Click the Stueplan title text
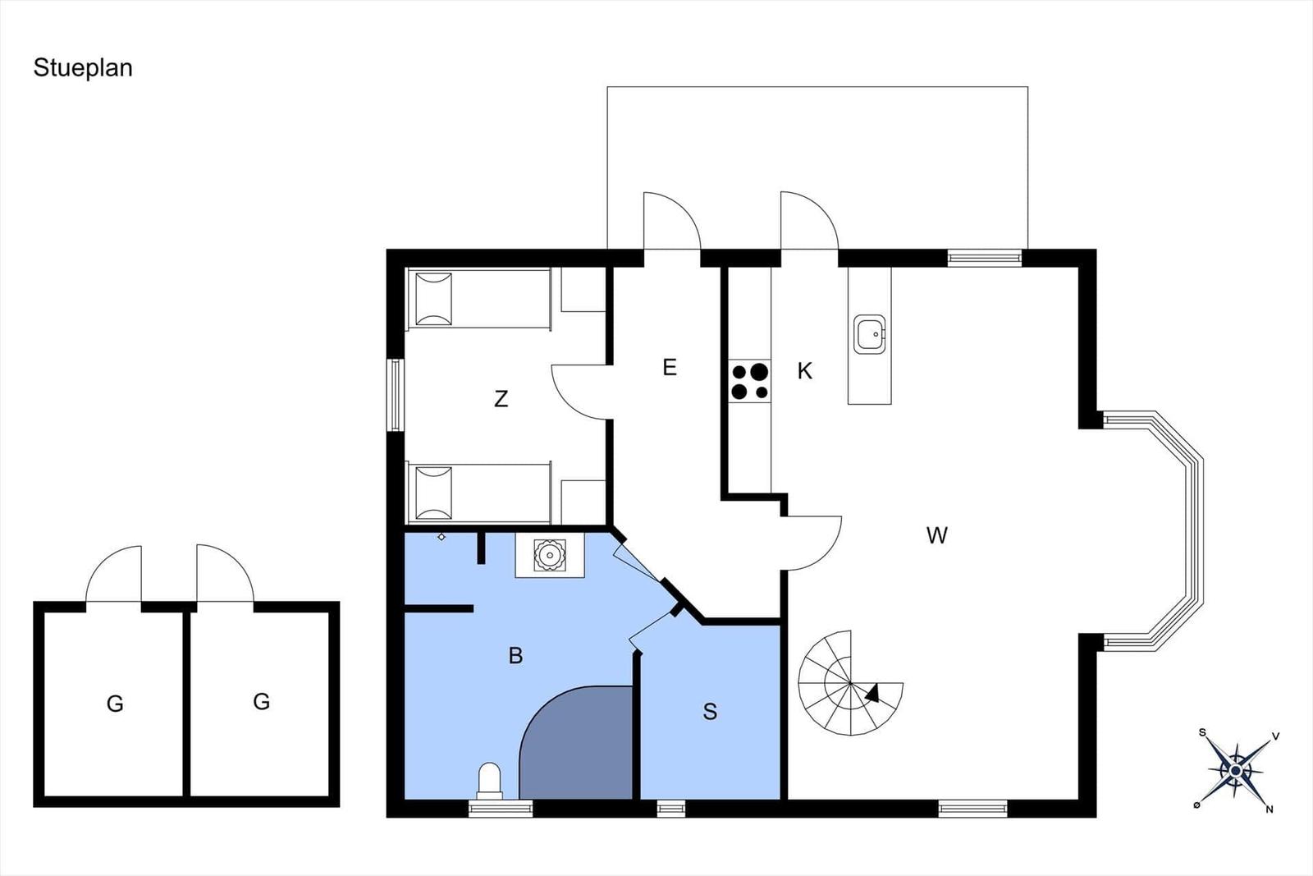83,68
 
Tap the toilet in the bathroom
489,781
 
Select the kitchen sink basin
869,334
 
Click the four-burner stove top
750,381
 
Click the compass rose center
1236,770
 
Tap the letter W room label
936,534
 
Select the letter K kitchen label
805,370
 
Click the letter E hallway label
670,367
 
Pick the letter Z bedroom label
501,399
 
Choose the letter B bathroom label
516,655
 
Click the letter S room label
710,711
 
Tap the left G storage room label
115,704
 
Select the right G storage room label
262,701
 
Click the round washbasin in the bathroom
550,555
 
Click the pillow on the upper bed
434,299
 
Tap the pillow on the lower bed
434,493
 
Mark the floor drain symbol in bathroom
441,536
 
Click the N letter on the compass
1270,809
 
